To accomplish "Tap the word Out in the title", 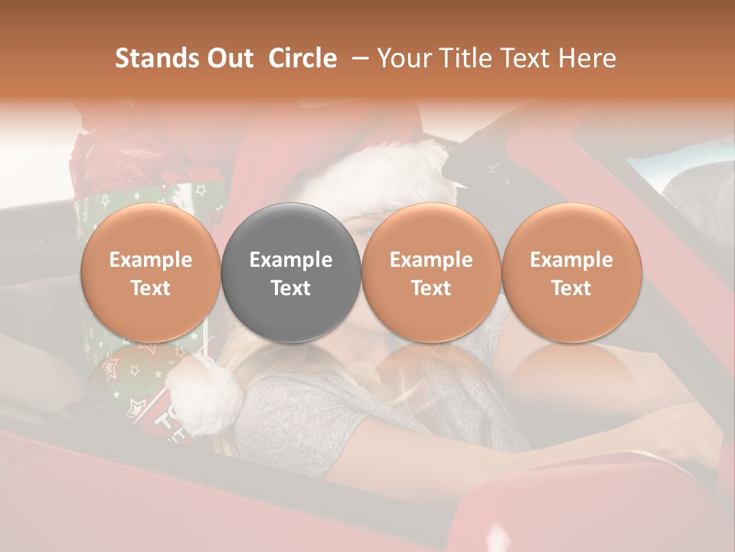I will click(x=227, y=58).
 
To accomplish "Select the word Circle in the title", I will click(x=302, y=58).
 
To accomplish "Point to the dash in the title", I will click(x=357, y=59).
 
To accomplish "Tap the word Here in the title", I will click(x=588, y=58).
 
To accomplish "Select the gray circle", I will click(x=291, y=273).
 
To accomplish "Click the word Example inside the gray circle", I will click(x=291, y=260).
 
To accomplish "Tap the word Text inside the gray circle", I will click(x=291, y=288).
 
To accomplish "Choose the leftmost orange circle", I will click(x=151, y=273).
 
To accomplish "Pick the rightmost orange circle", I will click(x=571, y=273).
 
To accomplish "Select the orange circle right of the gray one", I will click(x=431, y=273).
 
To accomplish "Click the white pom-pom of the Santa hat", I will click(x=205, y=394).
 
